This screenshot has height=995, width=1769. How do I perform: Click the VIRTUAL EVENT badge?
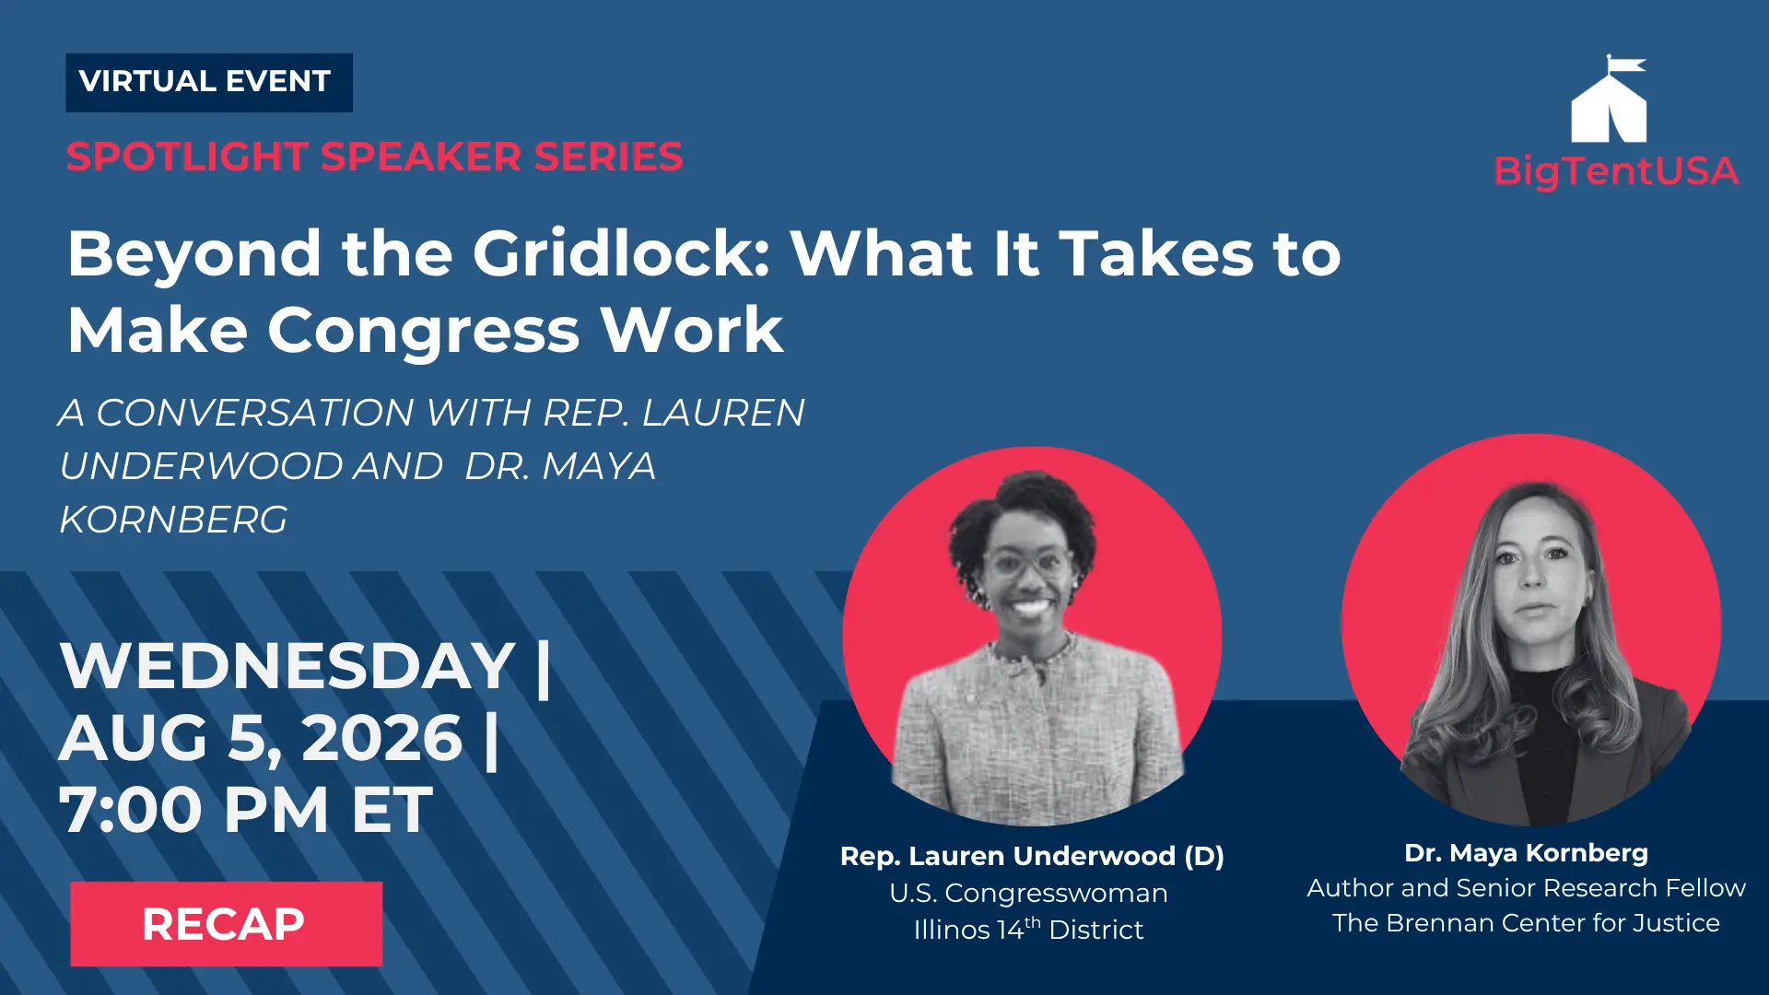(x=209, y=83)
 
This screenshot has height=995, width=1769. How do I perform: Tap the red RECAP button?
(x=226, y=923)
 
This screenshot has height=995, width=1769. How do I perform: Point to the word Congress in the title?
(x=424, y=330)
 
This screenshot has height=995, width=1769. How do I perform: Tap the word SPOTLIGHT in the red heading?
(x=187, y=157)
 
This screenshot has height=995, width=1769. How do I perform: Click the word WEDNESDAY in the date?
(x=287, y=665)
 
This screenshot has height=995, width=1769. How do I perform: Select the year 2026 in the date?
(x=381, y=738)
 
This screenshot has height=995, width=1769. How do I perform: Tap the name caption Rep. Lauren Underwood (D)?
(x=1032, y=856)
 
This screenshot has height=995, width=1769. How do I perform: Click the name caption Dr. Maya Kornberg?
(x=1526, y=853)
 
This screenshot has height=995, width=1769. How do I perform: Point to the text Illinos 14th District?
(x=1028, y=929)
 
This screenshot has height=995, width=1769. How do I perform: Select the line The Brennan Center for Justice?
(x=1526, y=923)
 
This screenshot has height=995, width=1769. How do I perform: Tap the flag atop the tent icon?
(x=1626, y=64)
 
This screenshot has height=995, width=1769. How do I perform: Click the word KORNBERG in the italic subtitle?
(x=173, y=520)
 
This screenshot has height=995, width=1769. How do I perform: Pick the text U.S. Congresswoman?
(x=1028, y=893)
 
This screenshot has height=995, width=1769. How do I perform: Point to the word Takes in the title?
(x=1156, y=253)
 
